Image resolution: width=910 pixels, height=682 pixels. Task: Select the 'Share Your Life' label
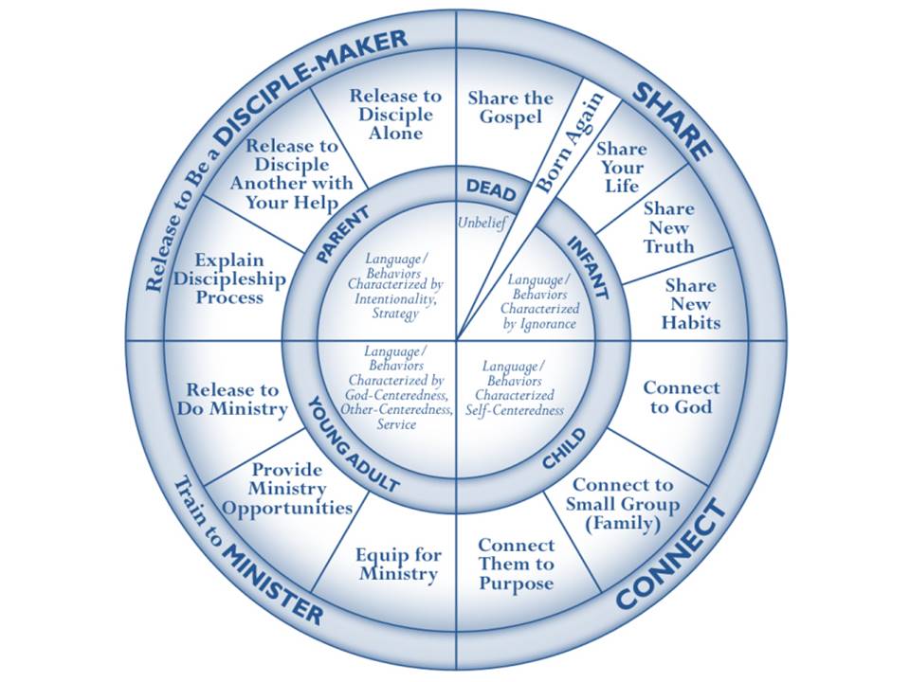point(622,167)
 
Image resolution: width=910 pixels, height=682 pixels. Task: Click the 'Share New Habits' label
point(691,303)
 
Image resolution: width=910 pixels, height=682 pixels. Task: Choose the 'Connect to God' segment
point(682,398)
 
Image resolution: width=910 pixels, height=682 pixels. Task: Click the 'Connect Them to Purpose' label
point(516,565)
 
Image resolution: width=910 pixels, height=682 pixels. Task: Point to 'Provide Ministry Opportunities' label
point(289,489)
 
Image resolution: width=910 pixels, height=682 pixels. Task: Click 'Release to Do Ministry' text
point(232,399)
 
